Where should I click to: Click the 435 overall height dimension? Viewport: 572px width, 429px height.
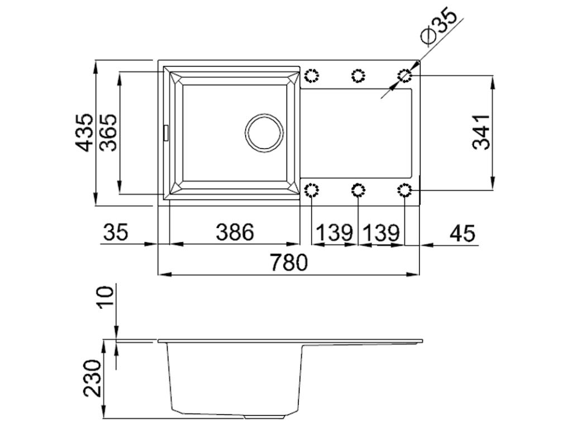coord(85,132)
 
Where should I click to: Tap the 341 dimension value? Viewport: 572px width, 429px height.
coord(481,132)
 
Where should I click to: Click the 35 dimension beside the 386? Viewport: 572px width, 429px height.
coord(115,232)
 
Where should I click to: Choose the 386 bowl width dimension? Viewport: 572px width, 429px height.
coord(235,232)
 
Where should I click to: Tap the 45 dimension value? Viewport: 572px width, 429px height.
coord(461,232)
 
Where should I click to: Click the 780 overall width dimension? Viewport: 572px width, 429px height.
coord(289,263)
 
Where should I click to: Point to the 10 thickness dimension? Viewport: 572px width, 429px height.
coord(106,296)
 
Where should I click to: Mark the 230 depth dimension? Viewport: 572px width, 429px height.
coord(93,378)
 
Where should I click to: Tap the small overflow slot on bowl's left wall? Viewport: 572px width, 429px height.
coord(165,133)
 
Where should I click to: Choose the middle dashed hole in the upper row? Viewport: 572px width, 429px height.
coord(358,75)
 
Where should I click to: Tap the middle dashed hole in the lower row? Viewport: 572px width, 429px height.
coord(358,191)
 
